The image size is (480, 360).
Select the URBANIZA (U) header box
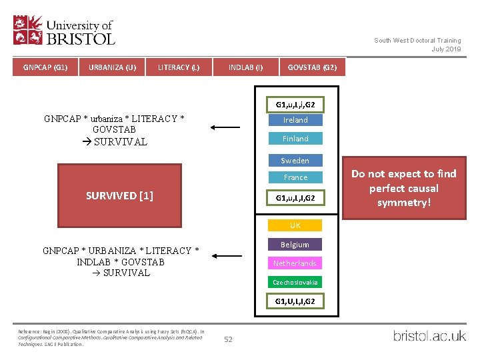pos(112,67)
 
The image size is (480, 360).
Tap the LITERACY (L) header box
pos(179,67)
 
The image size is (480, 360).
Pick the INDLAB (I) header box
pos(245,67)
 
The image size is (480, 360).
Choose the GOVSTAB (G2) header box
pos(312,67)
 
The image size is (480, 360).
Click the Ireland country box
pos(295,120)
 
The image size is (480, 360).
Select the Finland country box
pos(295,139)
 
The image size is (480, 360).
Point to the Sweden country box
pos(295,161)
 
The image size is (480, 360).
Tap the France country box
pos(295,177)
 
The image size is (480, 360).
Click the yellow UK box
pos(295,225)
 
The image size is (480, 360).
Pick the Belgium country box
pos(295,245)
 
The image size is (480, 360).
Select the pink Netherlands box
pos(295,263)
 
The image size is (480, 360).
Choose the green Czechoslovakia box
pos(295,282)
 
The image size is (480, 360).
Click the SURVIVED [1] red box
pos(119,195)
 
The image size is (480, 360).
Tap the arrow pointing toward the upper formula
pos(227,127)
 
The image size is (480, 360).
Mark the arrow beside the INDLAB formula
pos(227,255)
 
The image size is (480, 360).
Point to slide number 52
pos(228,339)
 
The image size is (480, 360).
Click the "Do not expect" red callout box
pos(403,188)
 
